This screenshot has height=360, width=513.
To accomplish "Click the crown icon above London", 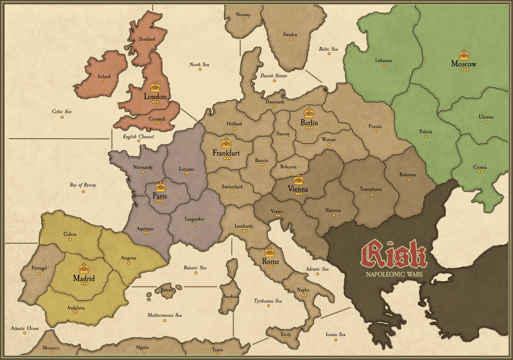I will (x=155, y=87).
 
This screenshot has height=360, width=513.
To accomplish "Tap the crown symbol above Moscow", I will (x=464, y=55).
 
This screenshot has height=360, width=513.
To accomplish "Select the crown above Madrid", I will (x=84, y=268).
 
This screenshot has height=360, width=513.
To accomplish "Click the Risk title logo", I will (x=395, y=254).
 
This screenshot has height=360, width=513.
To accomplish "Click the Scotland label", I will (x=147, y=39).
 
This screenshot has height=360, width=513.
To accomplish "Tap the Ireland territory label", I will (x=104, y=77).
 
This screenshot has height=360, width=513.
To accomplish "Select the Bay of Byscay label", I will (x=83, y=185).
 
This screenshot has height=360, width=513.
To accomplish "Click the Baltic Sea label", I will (x=329, y=49).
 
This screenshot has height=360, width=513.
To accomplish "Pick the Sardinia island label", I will (x=230, y=296).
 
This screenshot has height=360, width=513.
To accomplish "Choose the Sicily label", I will (x=286, y=334).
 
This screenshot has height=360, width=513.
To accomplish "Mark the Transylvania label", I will (x=371, y=189).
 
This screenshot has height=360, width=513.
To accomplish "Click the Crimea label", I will (x=480, y=167).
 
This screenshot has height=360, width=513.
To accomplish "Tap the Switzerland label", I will (x=232, y=187).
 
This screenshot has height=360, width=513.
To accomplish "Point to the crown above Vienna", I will (x=299, y=179).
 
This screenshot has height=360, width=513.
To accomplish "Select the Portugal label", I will (x=39, y=268).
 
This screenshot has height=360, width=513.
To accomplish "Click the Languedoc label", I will (x=195, y=219).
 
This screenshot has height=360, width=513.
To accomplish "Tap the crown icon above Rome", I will (x=270, y=252).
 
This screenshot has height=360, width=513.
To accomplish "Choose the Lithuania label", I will (x=383, y=60).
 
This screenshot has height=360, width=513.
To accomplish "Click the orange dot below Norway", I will (x=243, y=21).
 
